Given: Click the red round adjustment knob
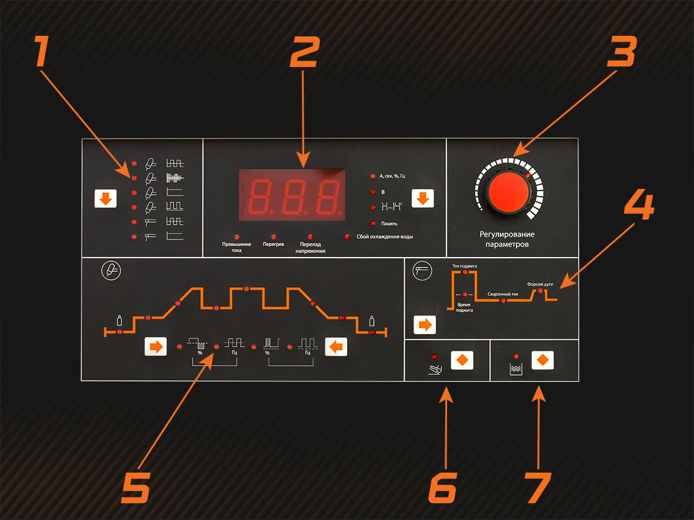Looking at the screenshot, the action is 509,192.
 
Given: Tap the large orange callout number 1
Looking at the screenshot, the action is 43,51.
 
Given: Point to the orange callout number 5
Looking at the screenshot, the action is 136,488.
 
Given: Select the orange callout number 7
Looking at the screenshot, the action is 538,488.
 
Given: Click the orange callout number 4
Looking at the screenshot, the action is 639,205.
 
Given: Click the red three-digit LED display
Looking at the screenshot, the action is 292,195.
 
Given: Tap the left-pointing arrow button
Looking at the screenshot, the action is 336,347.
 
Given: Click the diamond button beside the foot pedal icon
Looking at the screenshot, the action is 462,360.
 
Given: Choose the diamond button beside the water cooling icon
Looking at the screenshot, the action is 542,360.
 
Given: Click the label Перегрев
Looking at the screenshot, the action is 274,244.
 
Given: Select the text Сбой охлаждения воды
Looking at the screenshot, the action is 385,237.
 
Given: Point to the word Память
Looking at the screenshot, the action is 389,224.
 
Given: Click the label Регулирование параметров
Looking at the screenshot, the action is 507,239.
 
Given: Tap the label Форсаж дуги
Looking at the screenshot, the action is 540,284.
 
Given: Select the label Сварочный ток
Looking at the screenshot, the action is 503,294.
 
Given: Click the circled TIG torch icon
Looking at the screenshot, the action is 111,270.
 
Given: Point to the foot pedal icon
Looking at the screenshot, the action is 435,370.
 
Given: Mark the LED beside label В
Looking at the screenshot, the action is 373,192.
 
